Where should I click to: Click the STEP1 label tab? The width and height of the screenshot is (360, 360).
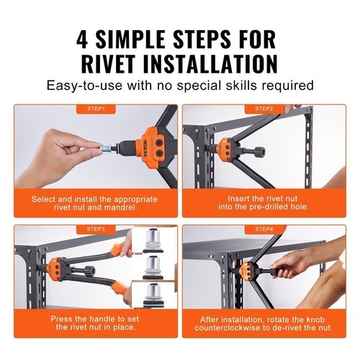point(96,109)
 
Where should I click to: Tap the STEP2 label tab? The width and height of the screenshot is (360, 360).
point(264,109)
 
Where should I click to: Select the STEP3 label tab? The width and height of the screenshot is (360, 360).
point(96,229)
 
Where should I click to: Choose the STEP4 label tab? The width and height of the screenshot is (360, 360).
point(264,229)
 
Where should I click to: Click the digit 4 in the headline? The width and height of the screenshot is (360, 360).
point(82,40)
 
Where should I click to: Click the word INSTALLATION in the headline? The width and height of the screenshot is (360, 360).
point(210,63)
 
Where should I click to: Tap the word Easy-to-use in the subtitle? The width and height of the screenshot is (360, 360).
point(84,86)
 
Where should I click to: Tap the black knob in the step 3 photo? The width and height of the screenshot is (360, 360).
point(91,270)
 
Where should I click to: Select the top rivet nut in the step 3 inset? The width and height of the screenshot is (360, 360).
point(153,240)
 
